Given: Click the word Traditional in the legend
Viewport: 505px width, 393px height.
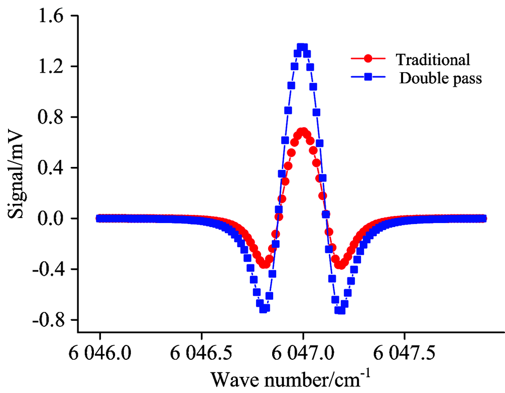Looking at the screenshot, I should (x=433, y=60).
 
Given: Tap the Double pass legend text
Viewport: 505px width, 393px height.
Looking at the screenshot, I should (x=440, y=78).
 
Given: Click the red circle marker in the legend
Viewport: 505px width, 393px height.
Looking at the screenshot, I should (x=369, y=60).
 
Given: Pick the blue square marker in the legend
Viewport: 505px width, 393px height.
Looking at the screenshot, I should (x=369, y=77).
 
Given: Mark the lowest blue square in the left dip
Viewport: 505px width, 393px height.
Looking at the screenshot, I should (x=264, y=309).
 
